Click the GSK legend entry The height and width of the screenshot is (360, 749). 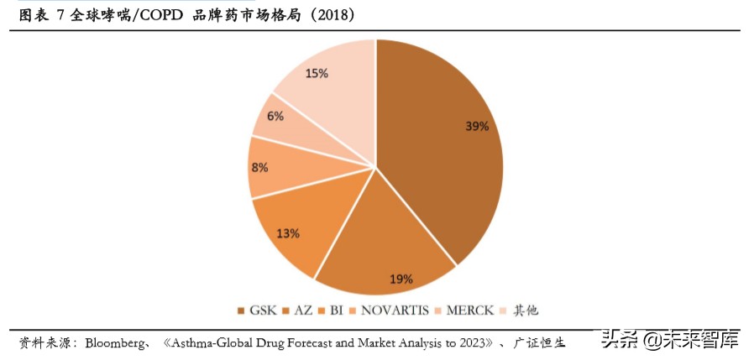(x=257, y=310)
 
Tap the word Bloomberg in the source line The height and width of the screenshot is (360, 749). (x=116, y=342)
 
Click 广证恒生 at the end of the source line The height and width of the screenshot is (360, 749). (x=539, y=342)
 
